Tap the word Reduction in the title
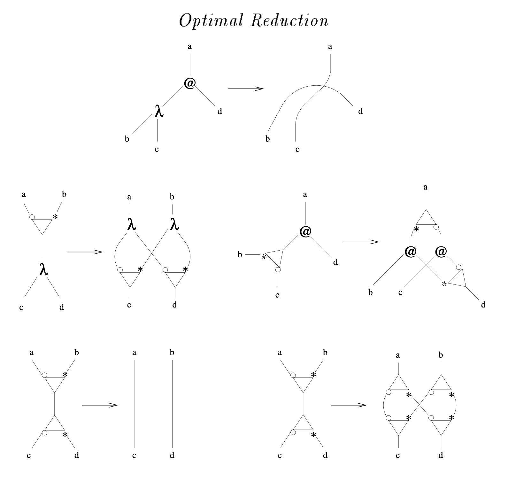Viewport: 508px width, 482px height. (x=289, y=21)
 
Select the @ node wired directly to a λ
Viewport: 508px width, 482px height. (x=189, y=83)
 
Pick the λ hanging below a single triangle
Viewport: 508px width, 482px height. (x=43, y=269)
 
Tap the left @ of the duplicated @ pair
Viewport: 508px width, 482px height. (x=411, y=252)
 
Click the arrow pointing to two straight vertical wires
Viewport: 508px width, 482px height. (x=100, y=405)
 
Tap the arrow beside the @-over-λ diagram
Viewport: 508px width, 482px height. (x=245, y=89)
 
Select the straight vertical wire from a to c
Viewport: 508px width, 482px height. (x=135, y=404)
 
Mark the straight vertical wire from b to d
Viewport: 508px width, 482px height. (x=173, y=404)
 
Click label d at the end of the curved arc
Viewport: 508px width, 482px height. (x=360, y=112)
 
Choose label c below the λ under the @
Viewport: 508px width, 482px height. (x=157, y=149)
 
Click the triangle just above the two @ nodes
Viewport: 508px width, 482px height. (x=426, y=219)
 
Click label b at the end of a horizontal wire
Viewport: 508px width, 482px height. (x=240, y=255)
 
